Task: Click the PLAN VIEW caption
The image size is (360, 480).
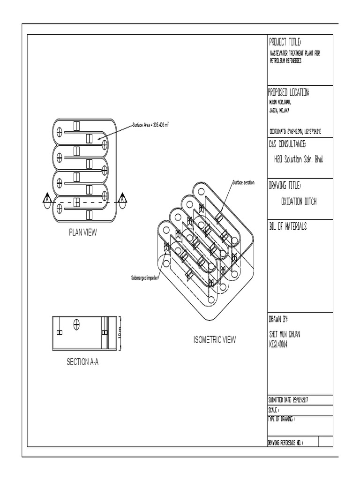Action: coord(82,232)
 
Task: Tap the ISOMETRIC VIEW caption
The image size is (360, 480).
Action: coord(215,340)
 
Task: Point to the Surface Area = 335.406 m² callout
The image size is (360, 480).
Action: coord(150,125)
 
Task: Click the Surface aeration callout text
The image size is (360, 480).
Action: coord(243,182)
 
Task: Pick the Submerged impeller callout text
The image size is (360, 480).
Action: coord(145,278)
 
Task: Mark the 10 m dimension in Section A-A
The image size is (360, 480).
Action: coord(120,334)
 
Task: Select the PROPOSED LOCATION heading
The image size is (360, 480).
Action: coord(288,92)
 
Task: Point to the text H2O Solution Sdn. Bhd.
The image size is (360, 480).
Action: coord(299,159)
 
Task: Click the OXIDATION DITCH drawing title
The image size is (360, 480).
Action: coord(299,201)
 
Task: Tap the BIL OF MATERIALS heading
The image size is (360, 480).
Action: coord(287,227)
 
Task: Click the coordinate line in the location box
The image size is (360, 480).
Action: coord(294,132)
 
